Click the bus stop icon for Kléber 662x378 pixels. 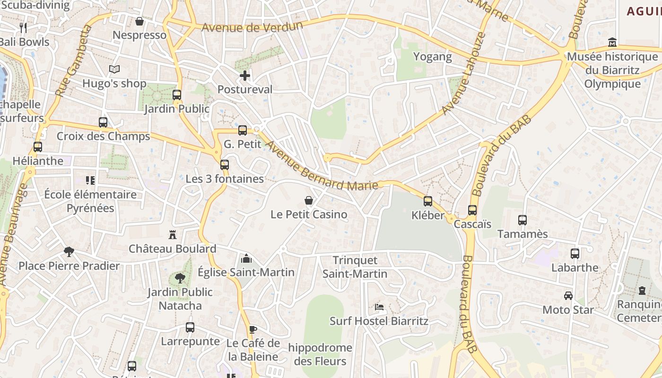point(428,201)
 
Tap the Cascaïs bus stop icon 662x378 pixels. point(472,210)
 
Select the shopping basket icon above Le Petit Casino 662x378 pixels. point(309,200)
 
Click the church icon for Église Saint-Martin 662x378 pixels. point(246,258)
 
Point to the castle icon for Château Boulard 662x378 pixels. point(173,235)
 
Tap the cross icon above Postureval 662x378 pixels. point(245,76)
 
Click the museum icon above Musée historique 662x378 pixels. point(612,43)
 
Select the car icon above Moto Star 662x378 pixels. point(568,296)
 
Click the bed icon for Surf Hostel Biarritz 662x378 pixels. point(379,307)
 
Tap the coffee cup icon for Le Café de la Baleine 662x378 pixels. point(253,329)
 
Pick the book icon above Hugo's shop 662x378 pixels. point(114,69)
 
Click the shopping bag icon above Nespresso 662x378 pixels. point(139,21)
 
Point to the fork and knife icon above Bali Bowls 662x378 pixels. point(23,27)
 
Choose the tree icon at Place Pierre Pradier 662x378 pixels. point(69,251)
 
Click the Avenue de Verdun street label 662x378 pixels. point(252,26)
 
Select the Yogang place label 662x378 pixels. point(433,57)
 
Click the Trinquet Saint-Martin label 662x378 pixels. point(355,267)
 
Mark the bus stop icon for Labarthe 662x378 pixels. point(575,254)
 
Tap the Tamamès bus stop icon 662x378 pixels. point(523,220)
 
